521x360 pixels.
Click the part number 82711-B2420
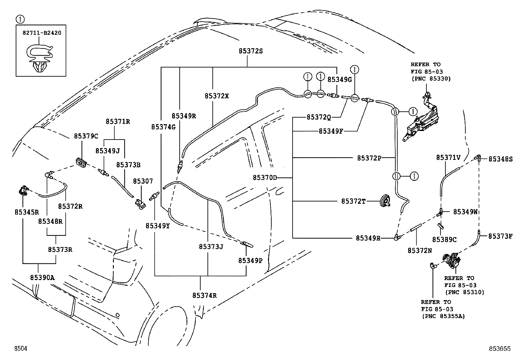(x=42, y=33)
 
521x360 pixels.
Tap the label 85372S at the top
(x=251, y=51)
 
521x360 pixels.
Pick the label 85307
(x=143, y=181)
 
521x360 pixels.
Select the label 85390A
(x=42, y=278)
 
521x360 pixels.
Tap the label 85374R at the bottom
(x=205, y=295)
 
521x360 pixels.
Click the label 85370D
(x=265, y=178)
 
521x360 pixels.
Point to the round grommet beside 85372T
(x=385, y=200)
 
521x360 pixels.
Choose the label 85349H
(x=368, y=238)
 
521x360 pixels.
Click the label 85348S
(x=500, y=159)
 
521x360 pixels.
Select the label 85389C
(x=444, y=240)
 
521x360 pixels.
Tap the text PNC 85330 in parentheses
(x=431, y=79)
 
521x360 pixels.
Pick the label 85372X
(x=217, y=96)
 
